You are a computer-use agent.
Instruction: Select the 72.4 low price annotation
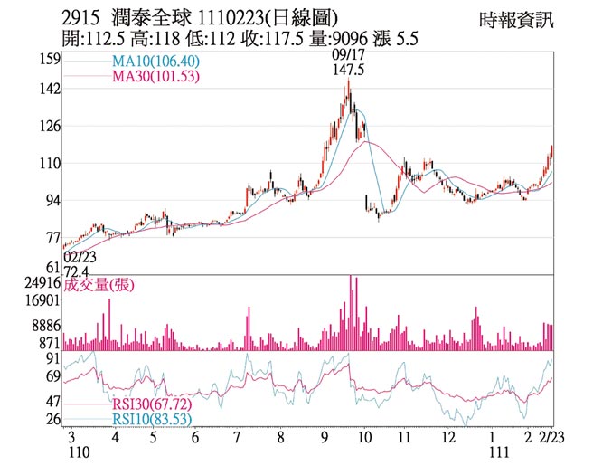pyautogui.click(x=80, y=271)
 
